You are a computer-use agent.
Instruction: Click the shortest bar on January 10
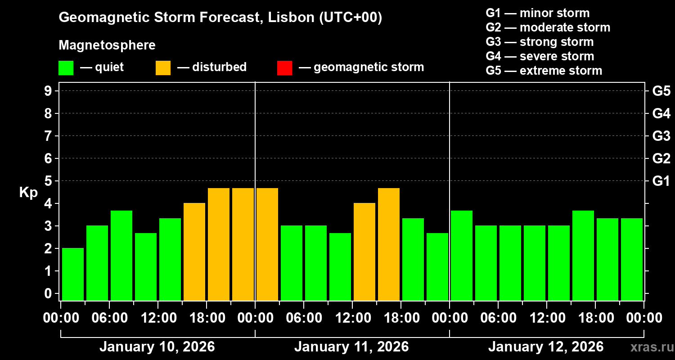pyautogui.click(x=73, y=274)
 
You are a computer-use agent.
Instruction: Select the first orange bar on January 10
pyautogui.click(x=194, y=252)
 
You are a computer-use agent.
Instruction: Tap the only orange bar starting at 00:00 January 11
pyautogui.click(x=267, y=244)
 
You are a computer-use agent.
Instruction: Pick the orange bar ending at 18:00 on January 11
pyautogui.click(x=389, y=244)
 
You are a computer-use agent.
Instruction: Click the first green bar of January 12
pyautogui.click(x=462, y=256)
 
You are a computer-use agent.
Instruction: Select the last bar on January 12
pyautogui.click(x=632, y=259)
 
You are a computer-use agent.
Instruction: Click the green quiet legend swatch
pyautogui.click(x=66, y=68)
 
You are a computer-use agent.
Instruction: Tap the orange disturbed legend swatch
pyautogui.click(x=163, y=68)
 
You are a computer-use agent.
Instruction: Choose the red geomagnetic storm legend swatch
pyautogui.click(x=284, y=68)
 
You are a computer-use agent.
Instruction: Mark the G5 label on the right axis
pyautogui.click(x=661, y=91)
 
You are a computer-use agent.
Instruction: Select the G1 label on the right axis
pyautogui.click(x=661, y=181)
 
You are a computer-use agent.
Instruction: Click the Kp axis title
pyautogui.click(x=28, y=193)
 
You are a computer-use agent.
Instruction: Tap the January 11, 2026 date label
pyautogui.click(x=351, y=347)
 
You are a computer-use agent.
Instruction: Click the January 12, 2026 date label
pyautogui.click(x=546, y=347)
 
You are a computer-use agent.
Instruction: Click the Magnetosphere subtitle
pyautogui.click(x=107, y=45)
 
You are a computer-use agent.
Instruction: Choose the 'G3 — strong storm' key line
pyautogui.click(x=540, y=42)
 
